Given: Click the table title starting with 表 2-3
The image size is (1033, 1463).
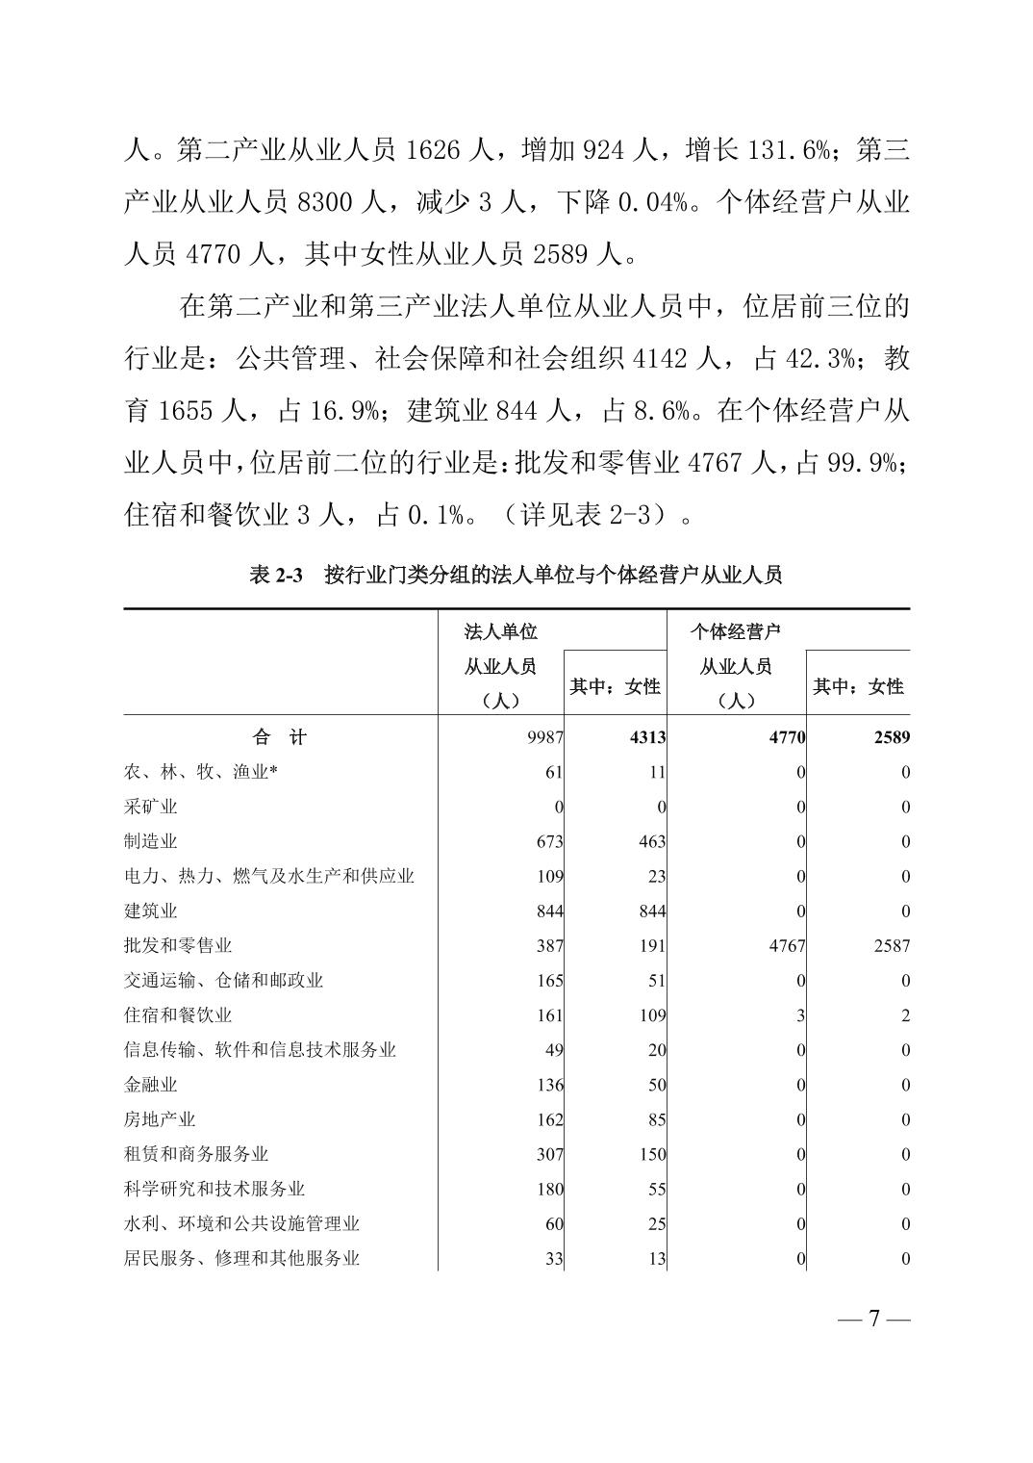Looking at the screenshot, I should pos(516,576).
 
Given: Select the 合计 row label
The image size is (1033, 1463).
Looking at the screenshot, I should pos(280,737).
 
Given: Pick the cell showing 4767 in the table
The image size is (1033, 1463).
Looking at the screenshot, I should pos(787,946).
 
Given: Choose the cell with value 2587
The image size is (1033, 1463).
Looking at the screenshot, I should pos(891,946).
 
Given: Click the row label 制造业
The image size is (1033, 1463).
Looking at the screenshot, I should pos(151,842).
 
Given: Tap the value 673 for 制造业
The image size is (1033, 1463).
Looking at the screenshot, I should pos(549,842).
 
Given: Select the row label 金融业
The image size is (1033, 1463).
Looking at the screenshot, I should pos(151,1085).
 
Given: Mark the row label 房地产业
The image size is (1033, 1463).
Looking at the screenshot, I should pos(160,1119).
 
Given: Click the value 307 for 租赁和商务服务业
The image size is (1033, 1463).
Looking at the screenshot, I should pos(549,1154).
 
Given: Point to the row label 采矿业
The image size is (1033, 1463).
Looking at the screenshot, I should pos(151,808).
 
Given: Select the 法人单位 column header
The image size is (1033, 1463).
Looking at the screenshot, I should pos(501,632).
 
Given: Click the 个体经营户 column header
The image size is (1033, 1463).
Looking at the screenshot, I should pos(736,632).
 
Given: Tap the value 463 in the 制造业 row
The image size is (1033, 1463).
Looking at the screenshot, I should pos(651,842).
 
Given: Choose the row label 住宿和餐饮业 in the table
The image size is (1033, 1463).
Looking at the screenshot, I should pos(178,1015).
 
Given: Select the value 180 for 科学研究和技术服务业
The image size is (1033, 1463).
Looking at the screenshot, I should pos(549,1189).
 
